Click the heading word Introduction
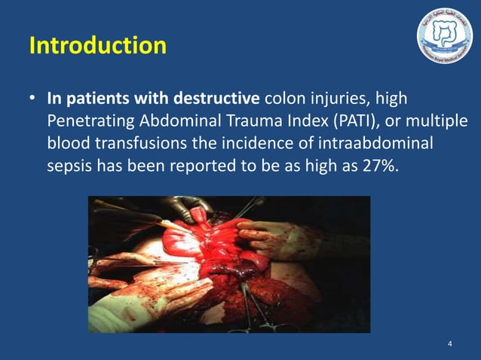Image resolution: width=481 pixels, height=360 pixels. (97, 46)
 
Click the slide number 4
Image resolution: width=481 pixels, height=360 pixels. (450, 344)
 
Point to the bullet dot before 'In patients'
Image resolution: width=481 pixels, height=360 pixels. (33, 99)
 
